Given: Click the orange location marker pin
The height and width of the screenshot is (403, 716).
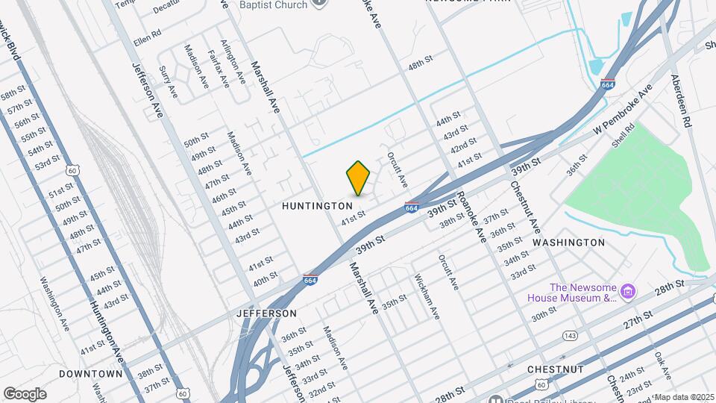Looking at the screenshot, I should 359,178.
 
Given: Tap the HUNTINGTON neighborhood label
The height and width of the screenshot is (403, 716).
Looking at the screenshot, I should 318,205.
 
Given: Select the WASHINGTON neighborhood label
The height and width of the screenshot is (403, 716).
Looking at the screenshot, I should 569,243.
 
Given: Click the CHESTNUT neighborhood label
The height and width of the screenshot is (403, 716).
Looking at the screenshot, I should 554,369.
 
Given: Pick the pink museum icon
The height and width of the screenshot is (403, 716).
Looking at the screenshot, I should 628,290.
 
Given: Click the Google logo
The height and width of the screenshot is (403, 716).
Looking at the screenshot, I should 25,394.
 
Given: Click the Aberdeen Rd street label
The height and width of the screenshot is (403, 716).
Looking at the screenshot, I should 682,100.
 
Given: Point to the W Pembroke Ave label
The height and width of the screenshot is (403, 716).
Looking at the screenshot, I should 622,109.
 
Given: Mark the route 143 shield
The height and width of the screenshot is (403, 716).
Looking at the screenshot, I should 570,336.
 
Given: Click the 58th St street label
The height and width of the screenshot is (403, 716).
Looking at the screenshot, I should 13,95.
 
